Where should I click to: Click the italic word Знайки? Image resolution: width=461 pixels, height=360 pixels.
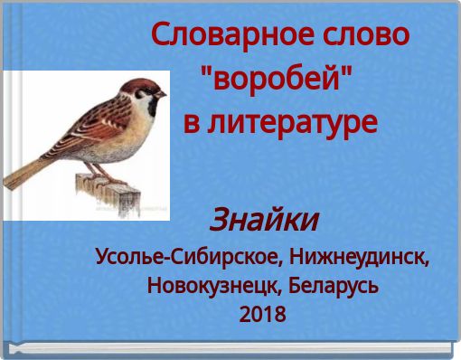[264, 219]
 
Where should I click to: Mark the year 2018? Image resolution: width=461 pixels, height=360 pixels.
[263, 316]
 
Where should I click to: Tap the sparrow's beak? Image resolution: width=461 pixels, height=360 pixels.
[160, 93]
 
